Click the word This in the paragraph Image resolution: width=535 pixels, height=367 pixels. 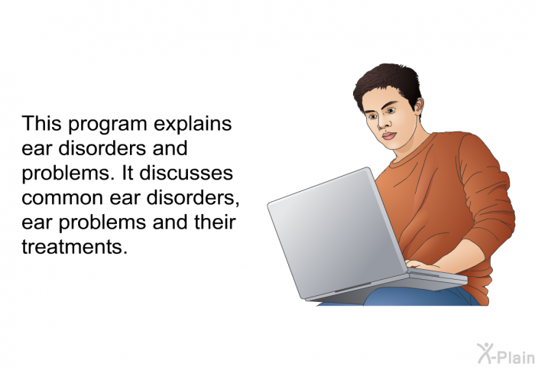[41, 123]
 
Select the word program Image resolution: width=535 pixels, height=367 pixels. [108, 125]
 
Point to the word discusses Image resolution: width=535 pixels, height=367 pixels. [186, 173]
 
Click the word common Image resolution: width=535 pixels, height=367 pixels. [63, 198]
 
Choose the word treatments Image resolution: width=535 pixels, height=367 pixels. [74, 247]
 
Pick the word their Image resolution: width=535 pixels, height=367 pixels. [215, 222]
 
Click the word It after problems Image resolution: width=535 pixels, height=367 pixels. [128, 173]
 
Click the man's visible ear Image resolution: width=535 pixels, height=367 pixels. [418, 106]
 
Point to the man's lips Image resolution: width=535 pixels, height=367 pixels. [389, 135]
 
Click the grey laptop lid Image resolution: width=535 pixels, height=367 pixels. [336, 232]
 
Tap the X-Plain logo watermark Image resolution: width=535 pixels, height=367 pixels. [506, 353]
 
